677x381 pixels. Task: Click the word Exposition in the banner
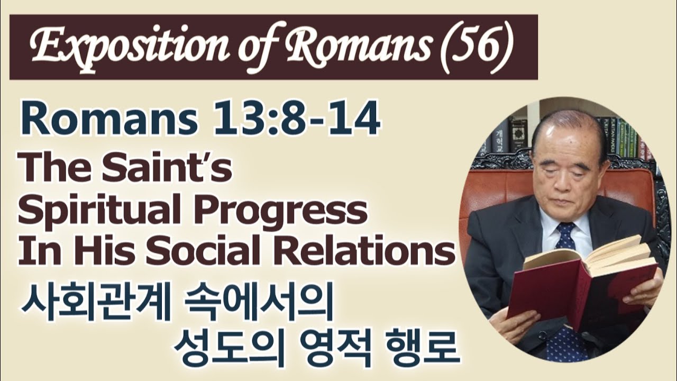(x=124, y=47)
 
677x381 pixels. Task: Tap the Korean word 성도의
(x=226, y=346)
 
